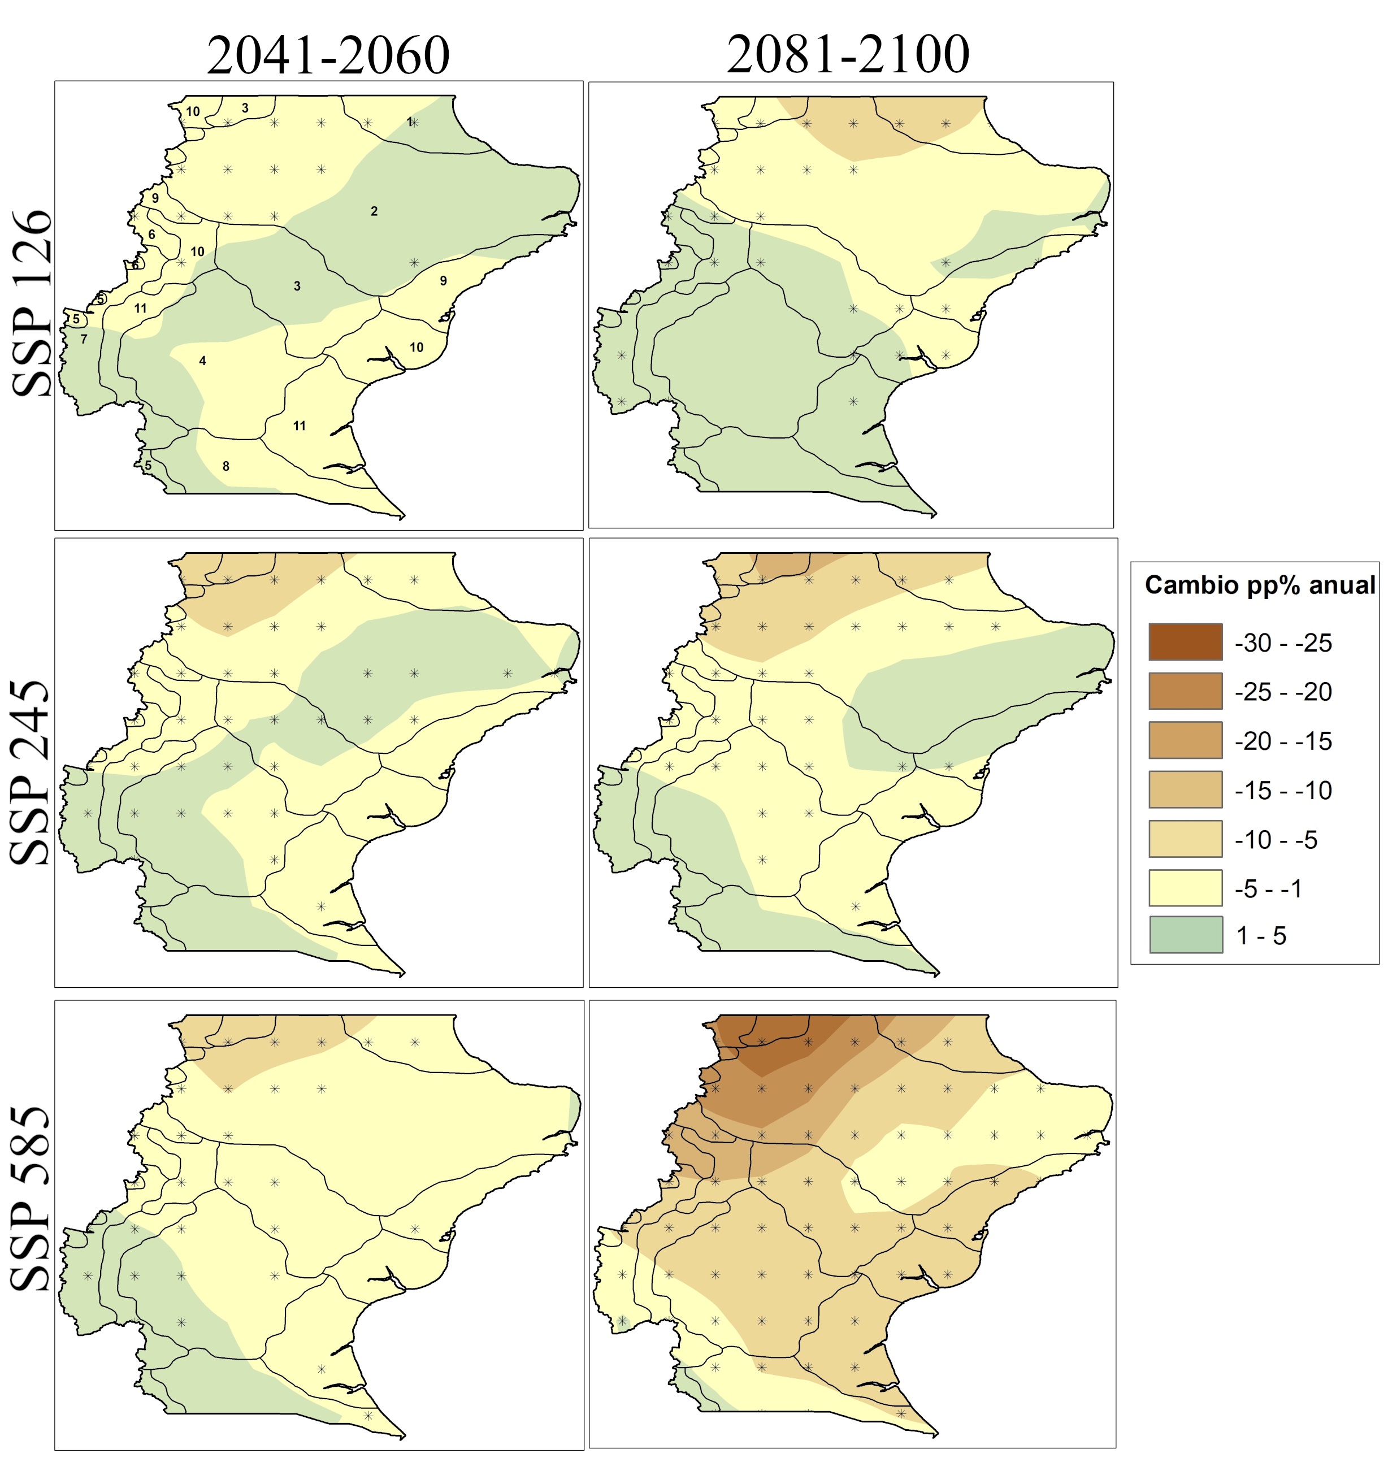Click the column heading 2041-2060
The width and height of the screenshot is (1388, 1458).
click(328, 55)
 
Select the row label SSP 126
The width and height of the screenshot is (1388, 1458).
click(32, 303)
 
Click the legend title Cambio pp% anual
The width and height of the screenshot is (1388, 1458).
click(1260, 585)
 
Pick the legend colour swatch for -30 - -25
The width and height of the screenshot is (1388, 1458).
click(1185, 641)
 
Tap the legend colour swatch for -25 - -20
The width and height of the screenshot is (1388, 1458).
click(1185, 691)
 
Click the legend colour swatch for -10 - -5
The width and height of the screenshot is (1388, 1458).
click(1185, 839)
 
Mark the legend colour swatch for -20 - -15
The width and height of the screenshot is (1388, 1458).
click(1185, 740)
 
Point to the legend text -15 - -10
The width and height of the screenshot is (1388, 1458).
click(1283, 790)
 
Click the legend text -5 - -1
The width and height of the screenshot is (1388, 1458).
click(1269, 888)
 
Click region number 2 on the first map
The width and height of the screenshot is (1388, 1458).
click(374, 211)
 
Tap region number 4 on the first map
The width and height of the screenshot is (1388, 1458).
click(203, 361)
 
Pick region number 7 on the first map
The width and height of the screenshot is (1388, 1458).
click(84, 340)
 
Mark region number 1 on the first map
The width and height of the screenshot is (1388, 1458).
click(410, 121)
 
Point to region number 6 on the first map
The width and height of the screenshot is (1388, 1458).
click(151, 235)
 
